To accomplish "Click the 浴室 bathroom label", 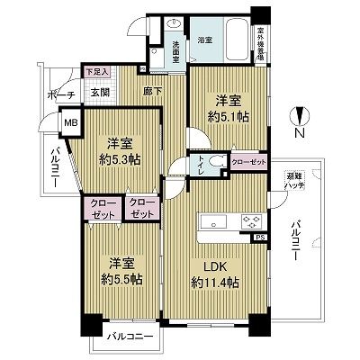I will [x=205, y=40].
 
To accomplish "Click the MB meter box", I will [x=68, y=119].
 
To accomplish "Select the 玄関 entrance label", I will [x=99, y=91].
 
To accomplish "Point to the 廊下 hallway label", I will [x=151, y=92].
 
